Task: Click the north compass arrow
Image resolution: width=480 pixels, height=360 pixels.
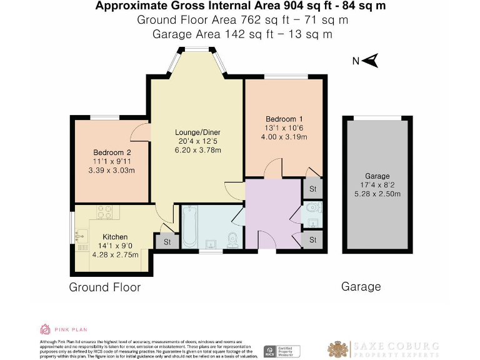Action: (371, 61)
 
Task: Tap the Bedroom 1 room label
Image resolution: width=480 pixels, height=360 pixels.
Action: (284, 119)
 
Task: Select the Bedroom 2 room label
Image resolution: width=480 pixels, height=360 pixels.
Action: (112, 152)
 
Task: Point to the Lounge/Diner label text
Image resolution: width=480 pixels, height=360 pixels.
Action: (197, 132)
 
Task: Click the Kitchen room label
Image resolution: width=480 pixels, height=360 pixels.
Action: (115, 237)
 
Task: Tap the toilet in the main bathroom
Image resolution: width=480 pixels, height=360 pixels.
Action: (232, 239)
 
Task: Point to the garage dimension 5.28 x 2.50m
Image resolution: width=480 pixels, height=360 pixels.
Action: (377, 194)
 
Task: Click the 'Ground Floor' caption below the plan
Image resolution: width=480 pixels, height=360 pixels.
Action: (104, 287)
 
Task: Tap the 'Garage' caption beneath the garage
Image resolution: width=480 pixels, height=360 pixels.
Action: (361, 287)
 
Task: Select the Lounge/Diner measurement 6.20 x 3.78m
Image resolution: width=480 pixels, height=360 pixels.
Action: (197, 150)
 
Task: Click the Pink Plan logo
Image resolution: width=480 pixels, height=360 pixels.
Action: (46, 329)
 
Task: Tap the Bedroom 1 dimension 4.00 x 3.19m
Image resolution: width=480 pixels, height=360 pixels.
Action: (284, 137)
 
